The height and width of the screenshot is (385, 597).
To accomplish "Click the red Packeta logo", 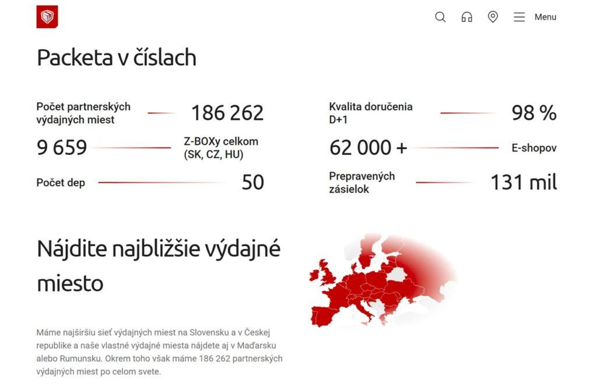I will pyautogui.click(x=47, y=17).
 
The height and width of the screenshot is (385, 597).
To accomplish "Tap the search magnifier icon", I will pyautogui.click(x=440, y=17).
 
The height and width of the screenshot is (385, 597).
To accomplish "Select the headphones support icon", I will pyautogui.click(x=466, y=17).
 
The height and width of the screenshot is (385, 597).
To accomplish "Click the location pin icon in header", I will pyautogui.click(x=493, y=17).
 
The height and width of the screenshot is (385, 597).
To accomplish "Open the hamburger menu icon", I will pyautogui.click(x=519, y=17).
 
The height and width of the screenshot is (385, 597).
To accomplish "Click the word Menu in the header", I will pyautogui.click(x=545, y=17).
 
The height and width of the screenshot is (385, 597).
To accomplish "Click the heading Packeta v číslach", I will pyautogui.click(x=117, y=58).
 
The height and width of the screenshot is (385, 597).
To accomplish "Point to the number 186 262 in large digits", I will pyautogui.click(x=227, y=113).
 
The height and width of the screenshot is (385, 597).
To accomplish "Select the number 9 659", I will pyautogui.click(x=62, y=148).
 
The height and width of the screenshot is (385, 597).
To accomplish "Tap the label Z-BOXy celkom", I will pyautogui.click(x=221, y=141).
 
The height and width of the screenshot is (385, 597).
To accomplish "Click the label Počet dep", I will pyautogui.click(x=61, y=183).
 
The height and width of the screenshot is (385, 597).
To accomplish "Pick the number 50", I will pyautogui.click(x=252, y=182).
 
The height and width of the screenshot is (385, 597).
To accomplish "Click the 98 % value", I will pyautogui.click(x=534, y=113).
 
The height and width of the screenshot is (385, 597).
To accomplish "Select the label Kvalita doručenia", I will pyautogui.click(x=370, y=106).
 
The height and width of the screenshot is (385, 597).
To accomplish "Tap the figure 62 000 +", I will pyautogui.click(x=368, y=148).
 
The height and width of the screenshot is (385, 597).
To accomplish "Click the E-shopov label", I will pyautogui.click(x=534, y=148).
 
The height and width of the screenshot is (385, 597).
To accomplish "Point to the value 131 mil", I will pyautogui.click(x=524, y=182).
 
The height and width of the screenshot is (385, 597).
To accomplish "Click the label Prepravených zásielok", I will pyautogui.click(x=361, y=182).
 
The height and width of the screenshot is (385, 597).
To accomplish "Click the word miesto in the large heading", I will pyautogui.click(x=70, y=283).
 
